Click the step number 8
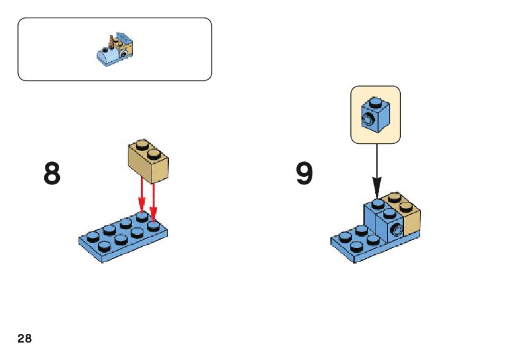pyautogui.click(x=52, y=173)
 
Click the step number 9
pyautogui.click(x=304, y=173)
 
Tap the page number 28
pyautogui.click(x=24, y=339)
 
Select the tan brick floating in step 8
pyautogui.click(x=148, y=161)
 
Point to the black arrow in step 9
pyautogui.click(x=377, y=165)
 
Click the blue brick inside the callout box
pyautogui.click(x=375, y=115)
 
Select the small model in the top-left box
pyautogui.click(x=116, y=50)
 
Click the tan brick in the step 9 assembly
pyautogui.click(x=408, y=215)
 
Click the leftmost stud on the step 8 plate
pyautogui.click(x=93, y=236)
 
